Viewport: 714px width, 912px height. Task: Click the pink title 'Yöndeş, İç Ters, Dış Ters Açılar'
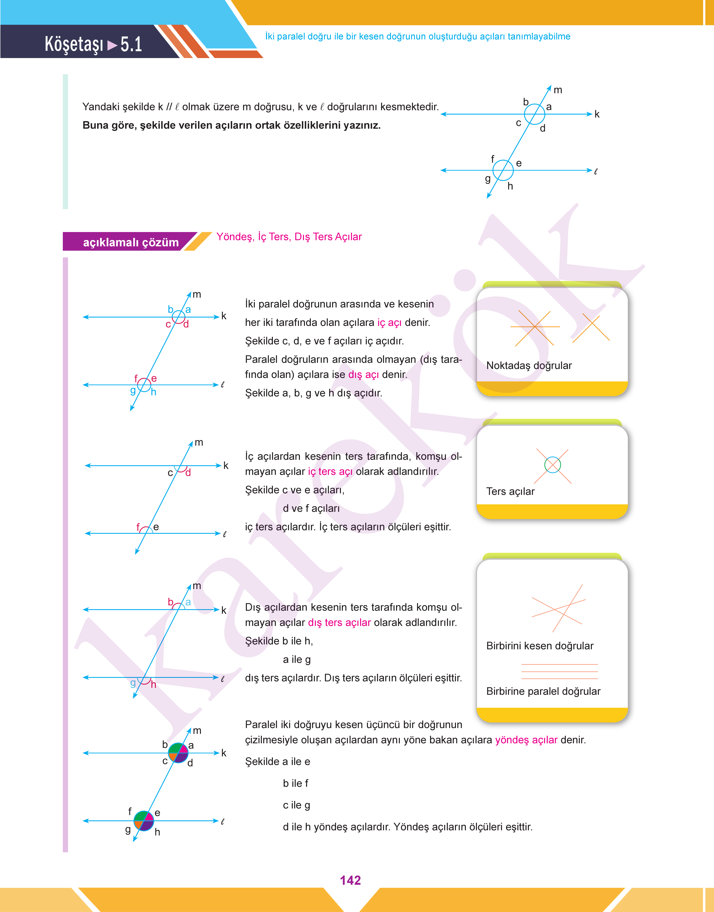(289, 237)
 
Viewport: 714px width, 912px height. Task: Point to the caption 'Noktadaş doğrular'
(529, 365)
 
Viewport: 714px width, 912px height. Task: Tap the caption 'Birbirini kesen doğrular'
(540, 646)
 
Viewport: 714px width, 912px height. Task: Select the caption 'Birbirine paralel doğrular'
(543, 691)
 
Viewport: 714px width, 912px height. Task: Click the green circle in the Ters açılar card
(553, 465)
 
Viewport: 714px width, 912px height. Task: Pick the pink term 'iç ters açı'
(330, 472)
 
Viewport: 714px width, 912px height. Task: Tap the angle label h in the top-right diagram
(510, 186)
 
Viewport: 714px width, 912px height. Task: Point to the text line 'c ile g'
(296, 805)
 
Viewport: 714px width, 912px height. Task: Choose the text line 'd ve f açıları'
(311, 508)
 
